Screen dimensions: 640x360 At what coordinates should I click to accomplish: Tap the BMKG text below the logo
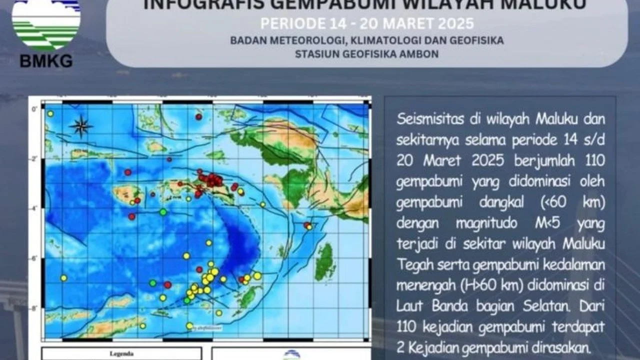[x=46, y=61]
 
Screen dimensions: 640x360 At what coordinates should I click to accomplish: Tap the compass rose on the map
[x=80, y=126]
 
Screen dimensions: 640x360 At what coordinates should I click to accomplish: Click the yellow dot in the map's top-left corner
[x=50, y=114]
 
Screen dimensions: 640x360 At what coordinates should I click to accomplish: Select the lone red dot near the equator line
[x=198, y=116]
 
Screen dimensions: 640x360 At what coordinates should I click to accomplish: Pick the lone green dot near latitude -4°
[x=162, y=212]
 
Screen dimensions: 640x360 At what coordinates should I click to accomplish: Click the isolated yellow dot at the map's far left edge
[x=63, y=278]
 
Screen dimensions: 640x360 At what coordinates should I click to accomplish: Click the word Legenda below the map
[x=121, y=354]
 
